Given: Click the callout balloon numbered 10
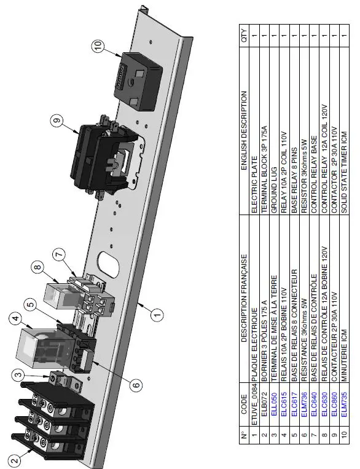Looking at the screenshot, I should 99,45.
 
